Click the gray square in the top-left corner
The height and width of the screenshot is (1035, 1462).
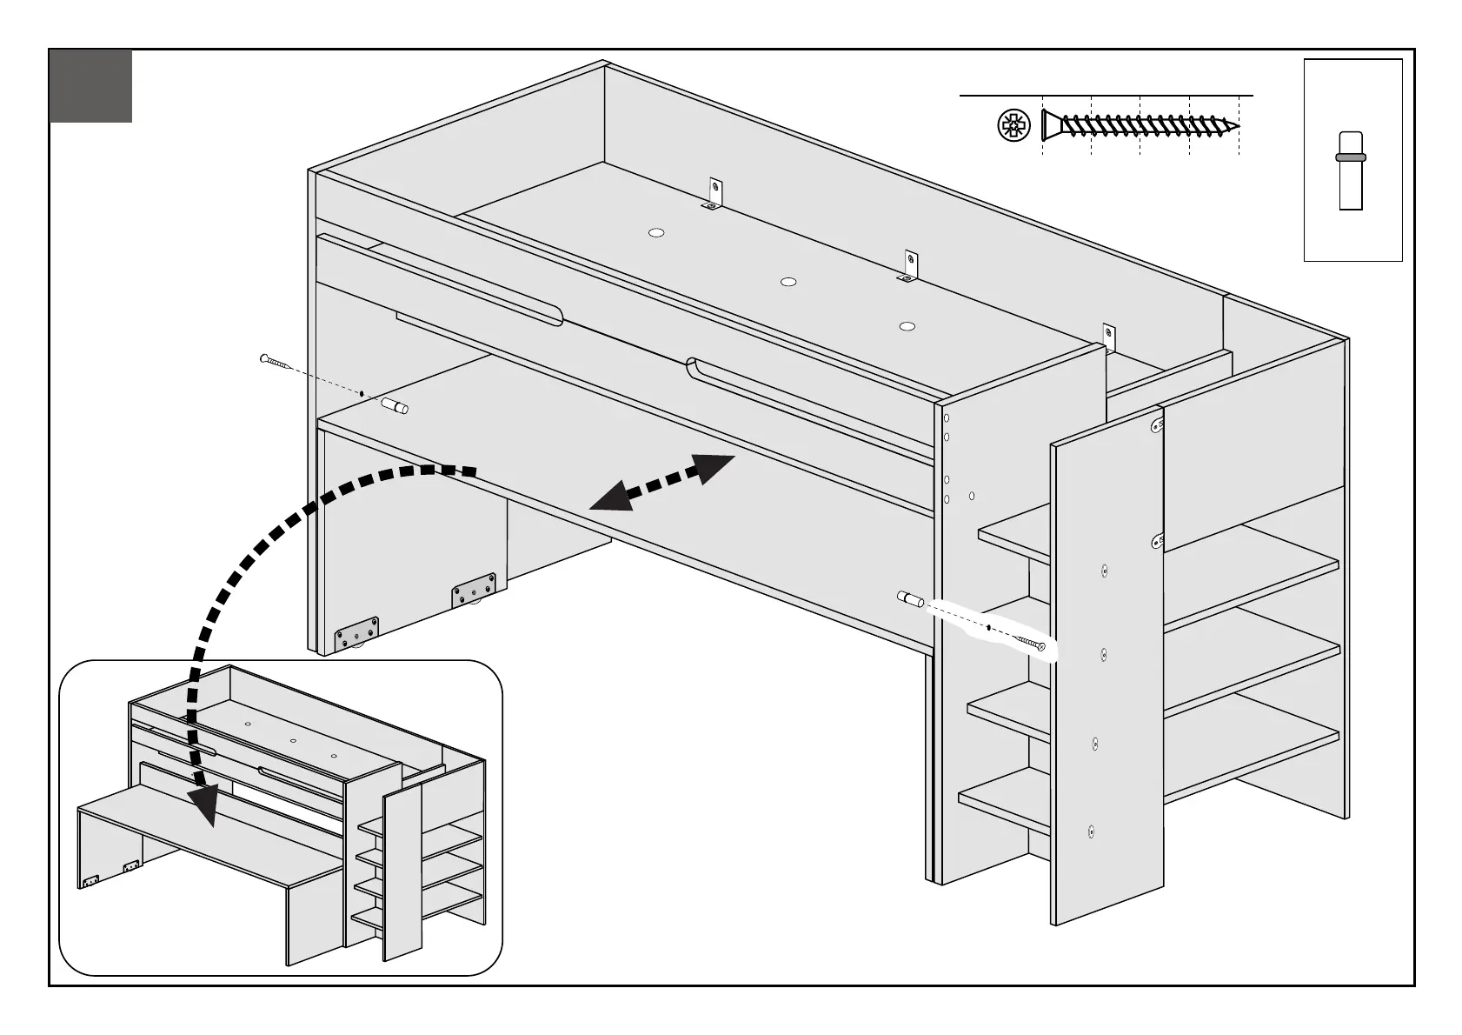(91, 85)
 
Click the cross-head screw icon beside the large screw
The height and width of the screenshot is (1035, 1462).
(1013, 127)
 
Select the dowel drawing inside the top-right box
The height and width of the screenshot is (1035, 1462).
(1351, 170)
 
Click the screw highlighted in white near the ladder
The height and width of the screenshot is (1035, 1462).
(1030, 643)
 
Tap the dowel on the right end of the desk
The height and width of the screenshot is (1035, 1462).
(910, 598)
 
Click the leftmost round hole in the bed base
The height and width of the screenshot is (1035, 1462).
(656, 232)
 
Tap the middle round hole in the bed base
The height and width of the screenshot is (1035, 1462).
(788, 282)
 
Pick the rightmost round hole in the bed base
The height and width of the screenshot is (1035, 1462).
(907, 326)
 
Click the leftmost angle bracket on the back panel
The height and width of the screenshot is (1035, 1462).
(714, 195)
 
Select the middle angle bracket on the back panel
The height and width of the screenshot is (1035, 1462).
(909, 267)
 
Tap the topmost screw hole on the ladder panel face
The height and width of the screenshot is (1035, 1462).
(1104, 571)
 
